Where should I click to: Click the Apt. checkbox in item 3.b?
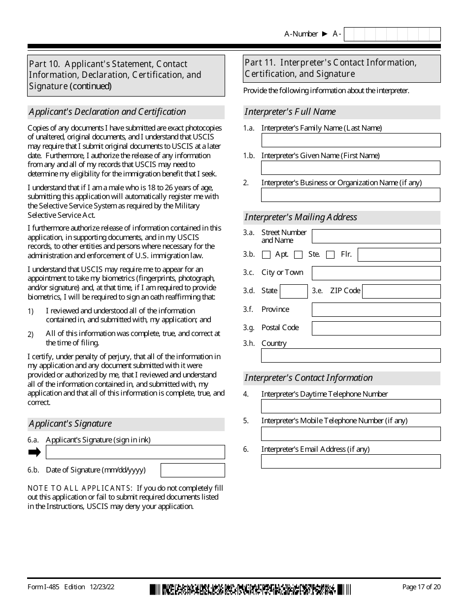coord(267,255)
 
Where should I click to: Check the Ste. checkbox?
coord(298,255)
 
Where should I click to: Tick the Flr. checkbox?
coord(331,255)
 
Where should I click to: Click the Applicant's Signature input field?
coord(135,452)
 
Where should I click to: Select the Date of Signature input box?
coord(193,470)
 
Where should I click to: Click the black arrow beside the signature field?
coord(34,452)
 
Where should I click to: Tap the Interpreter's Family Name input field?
coord(351,140)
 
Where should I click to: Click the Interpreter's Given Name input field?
coord(351,168)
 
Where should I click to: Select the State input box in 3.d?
coord(294,291)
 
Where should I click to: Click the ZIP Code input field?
coord(401,291)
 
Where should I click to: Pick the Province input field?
coord(376,309)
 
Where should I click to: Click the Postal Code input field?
coord(376,328)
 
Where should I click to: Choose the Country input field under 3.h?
coord(351,355)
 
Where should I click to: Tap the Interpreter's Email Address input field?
coord(351,461)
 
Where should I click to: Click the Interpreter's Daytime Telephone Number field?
coord(351,406)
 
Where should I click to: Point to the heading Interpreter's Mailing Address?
coord(301,217)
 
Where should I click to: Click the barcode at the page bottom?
coord(250,589)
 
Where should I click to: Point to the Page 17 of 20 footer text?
coord(421,587)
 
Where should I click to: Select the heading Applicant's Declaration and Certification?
coord(107,112)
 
